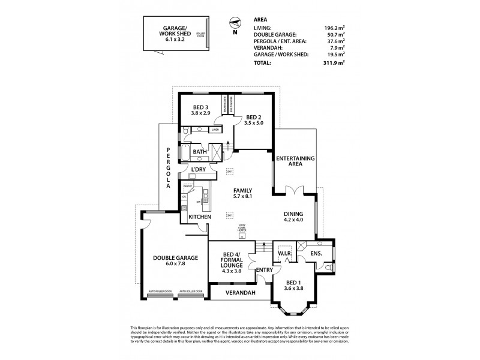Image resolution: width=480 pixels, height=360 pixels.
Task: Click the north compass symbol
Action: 234,23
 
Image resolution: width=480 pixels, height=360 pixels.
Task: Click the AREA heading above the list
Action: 262,19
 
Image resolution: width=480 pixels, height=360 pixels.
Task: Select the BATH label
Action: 200,152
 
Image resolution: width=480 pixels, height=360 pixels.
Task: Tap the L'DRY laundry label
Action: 199,170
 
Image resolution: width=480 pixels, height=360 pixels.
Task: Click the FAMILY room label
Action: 247,191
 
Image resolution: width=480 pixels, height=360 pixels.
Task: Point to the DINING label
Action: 293,214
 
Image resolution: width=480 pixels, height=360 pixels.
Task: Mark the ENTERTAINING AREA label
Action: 292,161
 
